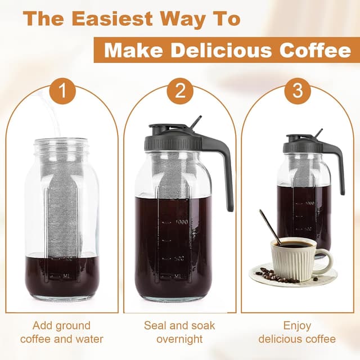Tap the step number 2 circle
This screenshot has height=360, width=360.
[x=180, y=92]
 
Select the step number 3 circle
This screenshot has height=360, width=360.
[x=298, y=92]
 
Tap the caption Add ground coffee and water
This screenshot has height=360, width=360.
[x=62, y=332]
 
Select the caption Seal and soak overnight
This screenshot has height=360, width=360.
[x=179, y=332]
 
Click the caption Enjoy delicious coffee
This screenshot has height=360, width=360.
[x=297, y=332]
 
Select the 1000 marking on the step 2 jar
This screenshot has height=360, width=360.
[x=180, y=223]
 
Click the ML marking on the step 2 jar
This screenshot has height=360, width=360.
[x=178, y=276]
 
